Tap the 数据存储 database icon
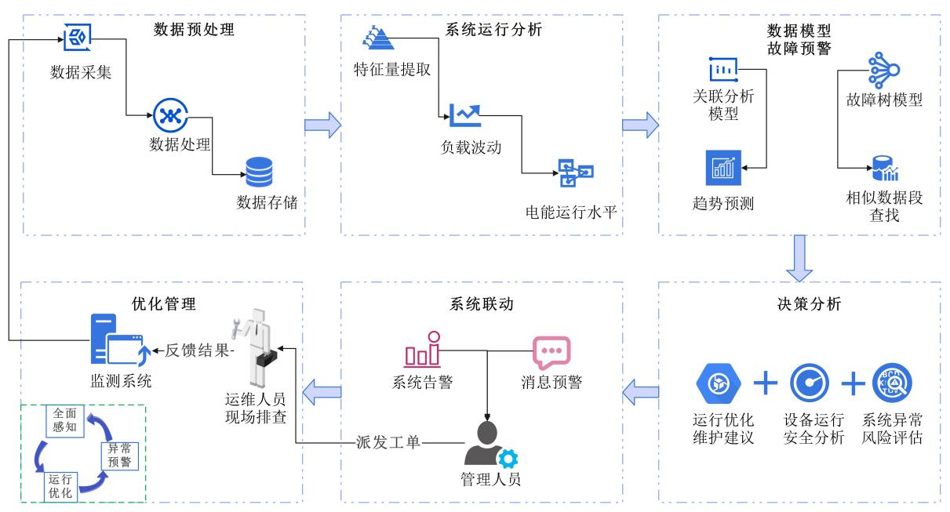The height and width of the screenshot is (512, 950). click(259, 172)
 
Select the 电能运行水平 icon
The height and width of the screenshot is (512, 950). click(575, 173)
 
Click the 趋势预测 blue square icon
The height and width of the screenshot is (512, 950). click(723, 167)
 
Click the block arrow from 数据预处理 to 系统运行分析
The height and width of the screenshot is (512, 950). click(322, 125)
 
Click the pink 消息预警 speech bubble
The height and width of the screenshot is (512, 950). click(551, 353)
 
